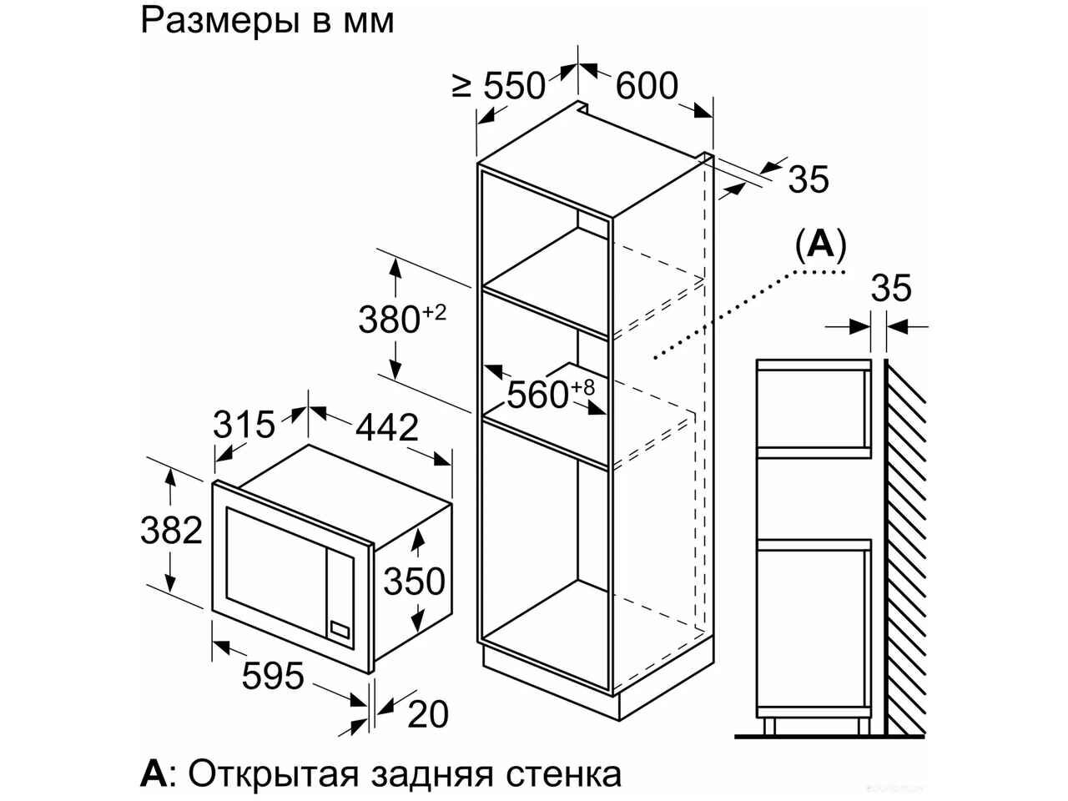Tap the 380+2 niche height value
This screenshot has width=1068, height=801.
[x=402, y=319]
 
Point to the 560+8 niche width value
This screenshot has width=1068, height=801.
[x=551, y=395]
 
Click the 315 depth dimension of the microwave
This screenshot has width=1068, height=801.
[x=244, y=425]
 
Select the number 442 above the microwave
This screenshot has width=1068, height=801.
[x=387, y=428]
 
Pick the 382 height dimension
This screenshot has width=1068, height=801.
[x=171, y=530]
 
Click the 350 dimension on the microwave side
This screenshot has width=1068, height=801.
[x=415, y=582]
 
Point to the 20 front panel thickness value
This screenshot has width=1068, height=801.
[x=428, y=714]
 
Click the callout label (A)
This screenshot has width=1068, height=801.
[x=821, y=245]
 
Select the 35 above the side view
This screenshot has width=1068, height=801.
[x=891, y=288]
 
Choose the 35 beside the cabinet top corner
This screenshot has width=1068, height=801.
[x=809, y=179]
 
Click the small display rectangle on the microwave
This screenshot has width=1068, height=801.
[x=340, y=630]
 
